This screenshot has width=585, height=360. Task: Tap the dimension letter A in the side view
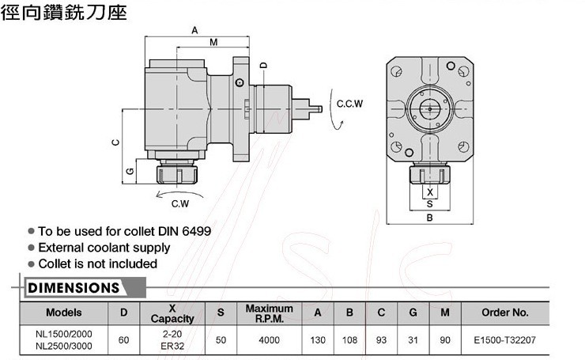point(194,30)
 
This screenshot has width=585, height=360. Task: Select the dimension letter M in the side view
point(213,43)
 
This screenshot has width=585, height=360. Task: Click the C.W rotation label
point(179,203)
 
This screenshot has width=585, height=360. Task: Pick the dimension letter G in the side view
point(128,171)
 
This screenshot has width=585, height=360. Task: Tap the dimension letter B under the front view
point(429,217)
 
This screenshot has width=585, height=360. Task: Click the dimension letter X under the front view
point(429,192)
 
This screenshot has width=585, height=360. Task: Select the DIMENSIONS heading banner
point(73,286)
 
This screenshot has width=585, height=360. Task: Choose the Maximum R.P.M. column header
point(269,312)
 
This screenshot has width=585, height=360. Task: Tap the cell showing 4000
point(269,340)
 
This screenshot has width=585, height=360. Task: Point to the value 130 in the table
point(318,340)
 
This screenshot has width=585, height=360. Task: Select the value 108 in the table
point(349,340)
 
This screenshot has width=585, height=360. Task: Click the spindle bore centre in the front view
point(429,109)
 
